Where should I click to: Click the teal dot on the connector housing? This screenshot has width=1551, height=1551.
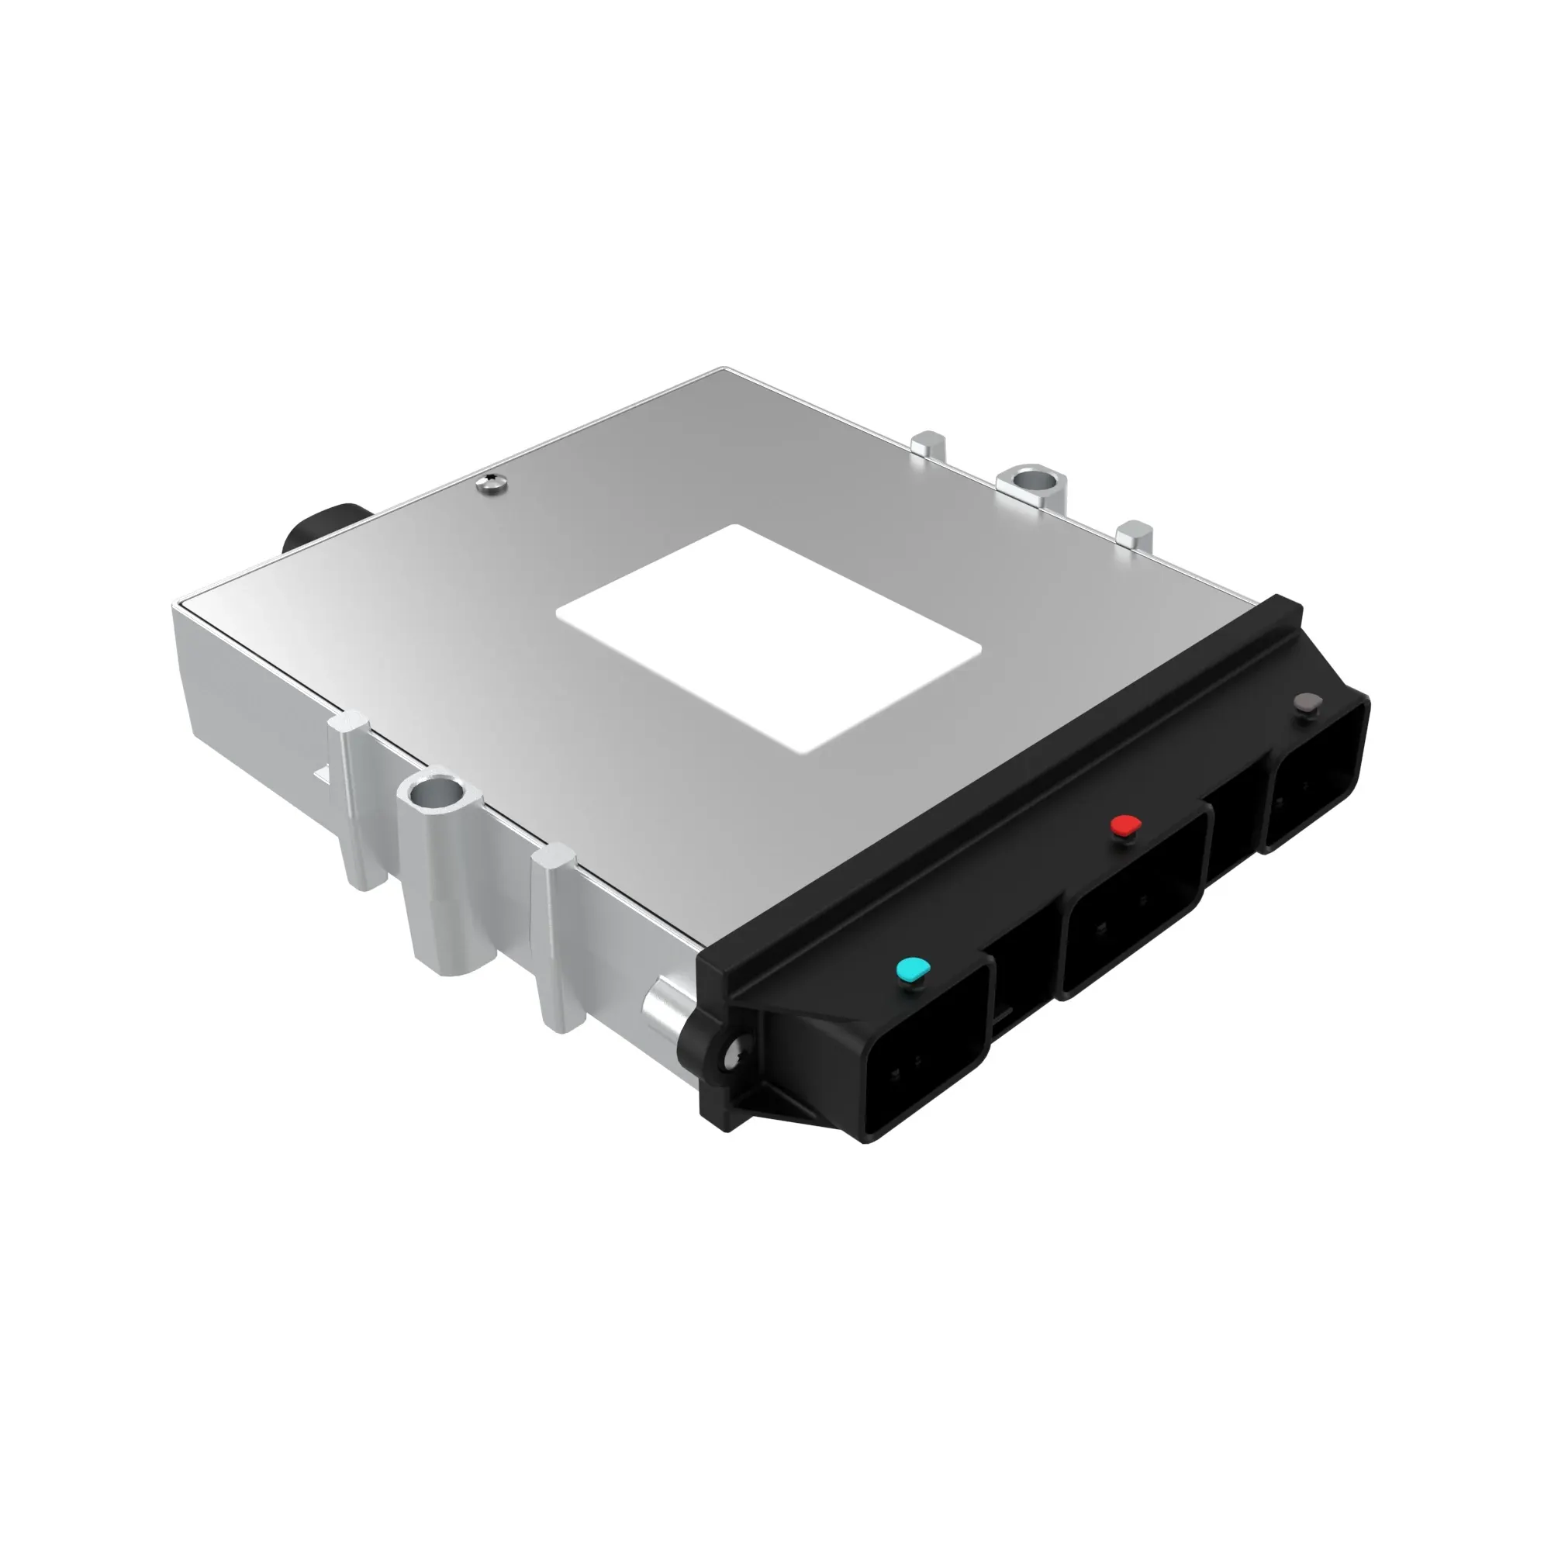coord(912,970)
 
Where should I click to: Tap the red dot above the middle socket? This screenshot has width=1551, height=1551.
coord(1124,825)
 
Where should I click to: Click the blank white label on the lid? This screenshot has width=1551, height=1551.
coord(769,639)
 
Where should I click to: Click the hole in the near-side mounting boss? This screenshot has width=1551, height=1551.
coord(434,796)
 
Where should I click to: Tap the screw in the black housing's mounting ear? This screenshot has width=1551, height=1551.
coord(733,1059)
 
